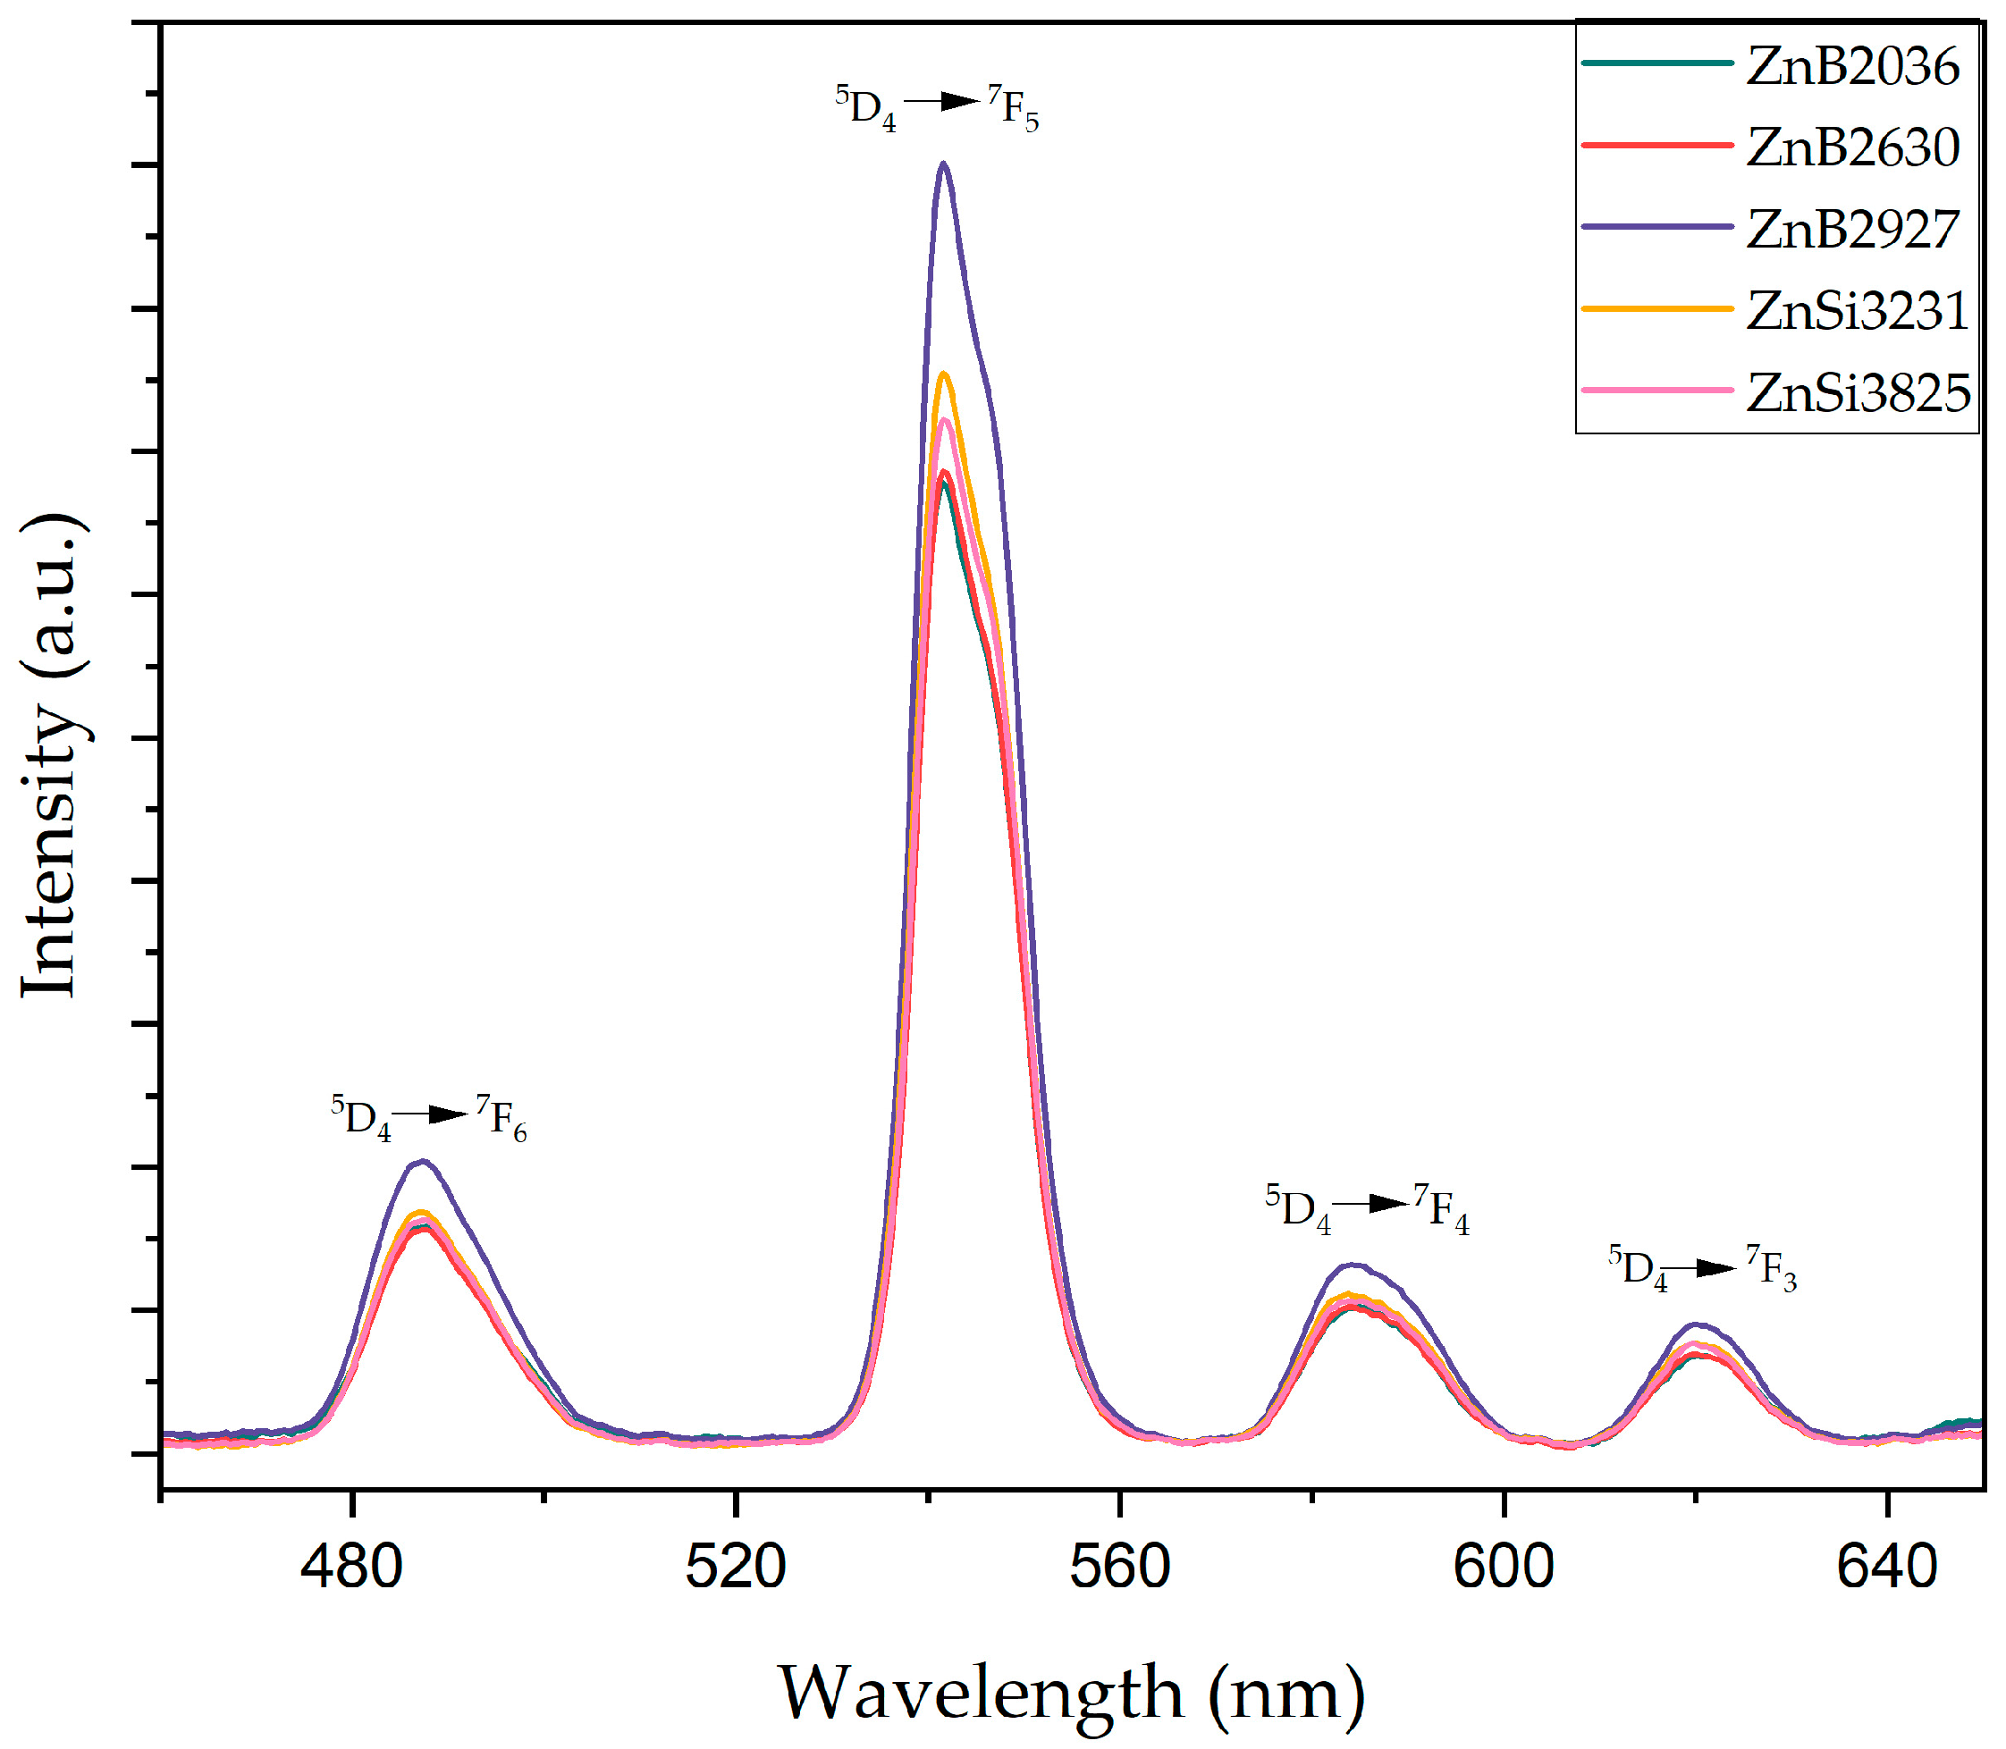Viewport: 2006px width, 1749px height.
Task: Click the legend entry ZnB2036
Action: point(1851,66)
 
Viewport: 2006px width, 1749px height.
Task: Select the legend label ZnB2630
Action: point(1851,147)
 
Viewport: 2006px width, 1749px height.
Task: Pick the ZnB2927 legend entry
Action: point(1851,230)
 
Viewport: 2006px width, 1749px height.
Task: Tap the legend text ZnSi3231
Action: point(1857,310)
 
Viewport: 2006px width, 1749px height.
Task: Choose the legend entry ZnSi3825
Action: point(1858,392)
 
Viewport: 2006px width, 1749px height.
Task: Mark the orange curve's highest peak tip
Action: point(943,374)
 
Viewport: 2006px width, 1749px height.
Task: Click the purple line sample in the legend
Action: point(1656,226)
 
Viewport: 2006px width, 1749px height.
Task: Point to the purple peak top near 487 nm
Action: point(422,1162)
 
